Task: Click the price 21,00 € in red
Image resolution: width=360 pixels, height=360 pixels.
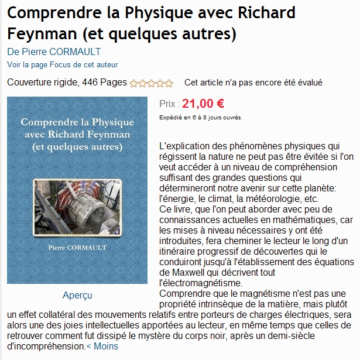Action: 203,104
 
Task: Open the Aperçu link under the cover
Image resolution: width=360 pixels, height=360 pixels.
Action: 77,295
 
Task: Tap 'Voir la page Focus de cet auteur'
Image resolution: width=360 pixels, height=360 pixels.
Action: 62,64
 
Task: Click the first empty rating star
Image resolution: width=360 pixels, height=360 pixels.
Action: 133,83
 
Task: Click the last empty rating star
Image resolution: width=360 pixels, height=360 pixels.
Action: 169,83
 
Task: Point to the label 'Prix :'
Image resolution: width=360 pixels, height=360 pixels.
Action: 169,105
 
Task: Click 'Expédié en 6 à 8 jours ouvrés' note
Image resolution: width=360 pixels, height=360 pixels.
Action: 201,117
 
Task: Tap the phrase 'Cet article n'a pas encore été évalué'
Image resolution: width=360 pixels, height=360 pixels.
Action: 253,83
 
